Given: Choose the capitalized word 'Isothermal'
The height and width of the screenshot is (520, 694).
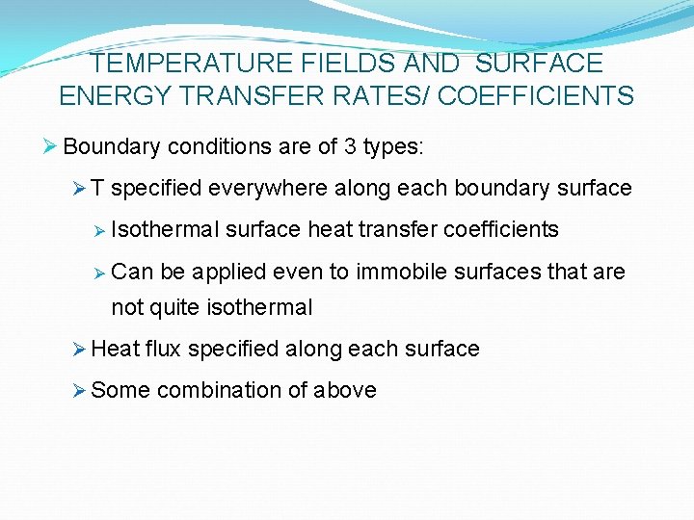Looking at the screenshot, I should coord(166,229).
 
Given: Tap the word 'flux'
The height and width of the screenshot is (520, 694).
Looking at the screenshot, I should coord(164,349).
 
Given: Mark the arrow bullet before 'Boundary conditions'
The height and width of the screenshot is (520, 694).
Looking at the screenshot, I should coord(52,147).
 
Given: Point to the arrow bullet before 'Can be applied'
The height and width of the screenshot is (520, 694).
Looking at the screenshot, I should coord(99,272).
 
